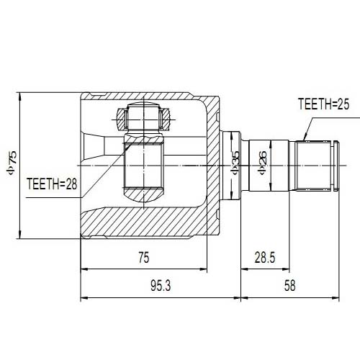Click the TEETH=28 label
(51, 184)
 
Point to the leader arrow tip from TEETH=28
(128, 143)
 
